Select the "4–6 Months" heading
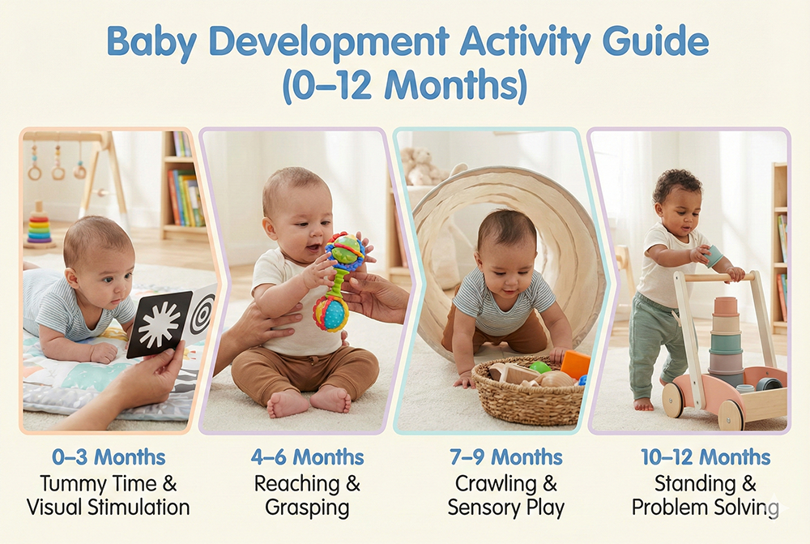[x=307, y=457]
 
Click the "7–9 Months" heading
[x=506, y=457]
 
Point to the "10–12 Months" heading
[x=705, y=457]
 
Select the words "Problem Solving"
[x=705, y=508]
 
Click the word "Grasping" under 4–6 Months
[x=307, y=508]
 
